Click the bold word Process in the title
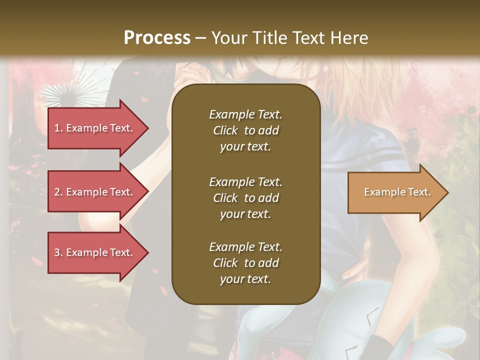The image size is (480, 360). (x=157, y=38)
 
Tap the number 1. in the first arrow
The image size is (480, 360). (x=58, y=128)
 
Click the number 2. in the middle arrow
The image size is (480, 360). (x=58, y=192)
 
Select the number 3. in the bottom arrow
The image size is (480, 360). (x=58, y=252)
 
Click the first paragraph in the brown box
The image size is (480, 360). (x=245, y=130)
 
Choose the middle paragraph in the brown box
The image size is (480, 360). (x=245, y=197)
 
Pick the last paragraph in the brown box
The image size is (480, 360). (x=245, y=263)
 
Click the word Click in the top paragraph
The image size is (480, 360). (x=225, y=130)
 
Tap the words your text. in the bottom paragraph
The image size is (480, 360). (x=245, y=279)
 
